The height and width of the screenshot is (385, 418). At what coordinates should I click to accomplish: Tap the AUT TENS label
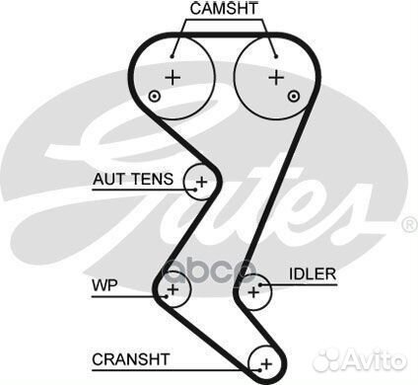(133, 180)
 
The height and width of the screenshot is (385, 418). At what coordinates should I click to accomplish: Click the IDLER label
(313, 272)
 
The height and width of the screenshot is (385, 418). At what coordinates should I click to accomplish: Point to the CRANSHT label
(130, 358)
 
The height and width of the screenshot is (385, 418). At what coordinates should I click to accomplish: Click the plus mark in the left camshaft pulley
(174, 76)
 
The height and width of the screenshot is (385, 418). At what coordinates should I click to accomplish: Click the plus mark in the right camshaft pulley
(277, 75)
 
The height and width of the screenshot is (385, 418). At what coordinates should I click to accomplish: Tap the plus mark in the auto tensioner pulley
(203, 182)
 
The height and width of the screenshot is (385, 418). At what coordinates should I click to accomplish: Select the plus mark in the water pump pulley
(174, 289)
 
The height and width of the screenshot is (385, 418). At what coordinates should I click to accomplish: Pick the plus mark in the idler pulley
(255, 290)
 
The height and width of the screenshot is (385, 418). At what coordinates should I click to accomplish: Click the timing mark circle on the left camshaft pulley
(154, 96)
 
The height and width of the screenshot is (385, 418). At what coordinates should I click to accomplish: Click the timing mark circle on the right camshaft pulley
(295, 95)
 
